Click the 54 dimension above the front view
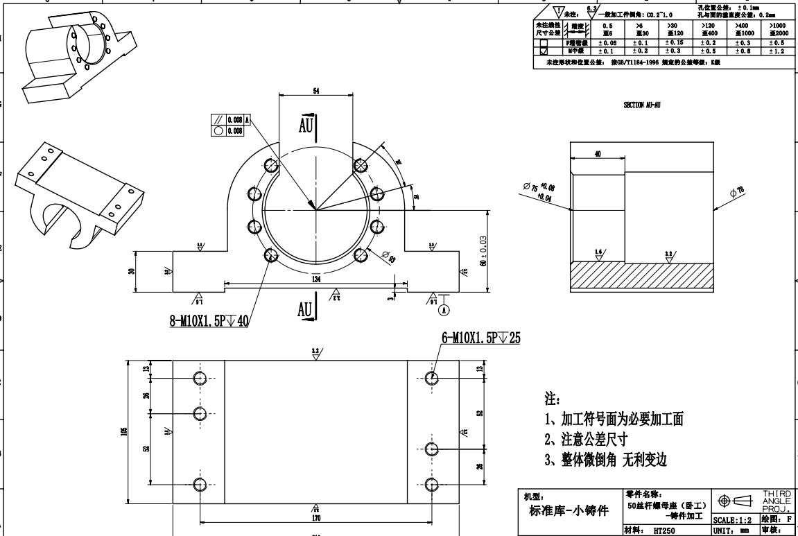(x=315, y=91)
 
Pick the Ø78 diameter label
(x=739, y=191)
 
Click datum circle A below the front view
(x=444, y=310)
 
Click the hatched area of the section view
(x=641, y=276)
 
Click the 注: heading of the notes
(x=553, y=400)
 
